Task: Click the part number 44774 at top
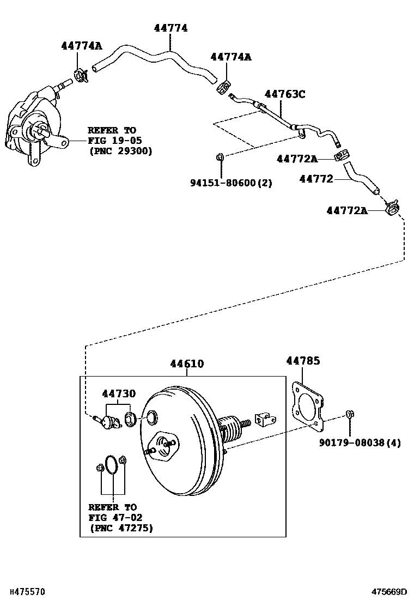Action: [x=170, y=28]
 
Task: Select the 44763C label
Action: [x=285, y=94]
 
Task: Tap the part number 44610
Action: [x=186, y=363]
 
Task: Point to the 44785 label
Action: [x=303, y=360]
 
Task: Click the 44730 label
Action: [x=118, y=393]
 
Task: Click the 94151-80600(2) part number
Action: [x=231, y=183]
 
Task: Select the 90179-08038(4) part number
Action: [x=360, y=443]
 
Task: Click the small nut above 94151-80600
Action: [x=220, y=157]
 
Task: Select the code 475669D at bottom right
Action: [x=389, y=591]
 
